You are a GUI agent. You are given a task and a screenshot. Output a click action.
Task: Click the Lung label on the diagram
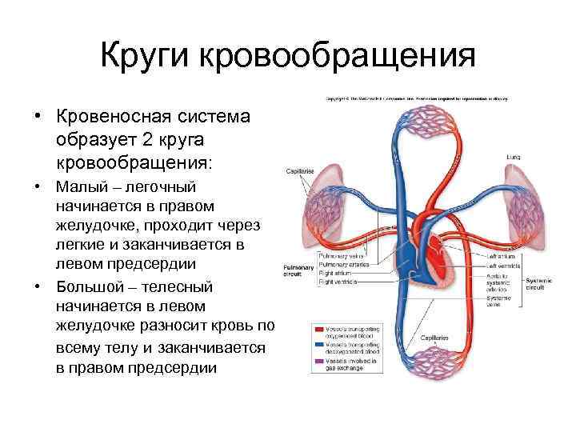coord(513,158)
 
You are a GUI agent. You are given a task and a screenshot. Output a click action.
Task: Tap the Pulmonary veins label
coord(340,255)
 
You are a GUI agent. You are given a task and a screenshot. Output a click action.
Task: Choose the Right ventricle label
coord(339,282)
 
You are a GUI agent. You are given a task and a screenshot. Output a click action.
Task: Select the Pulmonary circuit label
coord(293,270)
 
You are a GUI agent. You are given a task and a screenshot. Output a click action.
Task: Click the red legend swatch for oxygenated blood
coord(318,330)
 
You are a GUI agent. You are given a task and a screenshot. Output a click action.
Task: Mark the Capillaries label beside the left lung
coord(301,170)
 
